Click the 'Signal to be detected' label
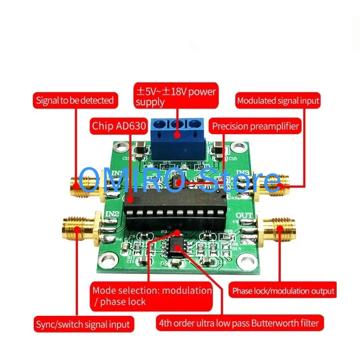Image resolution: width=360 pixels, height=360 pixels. point(75,100)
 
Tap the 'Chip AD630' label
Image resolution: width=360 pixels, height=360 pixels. point(119,126)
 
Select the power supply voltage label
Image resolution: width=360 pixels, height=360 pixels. point(176,96)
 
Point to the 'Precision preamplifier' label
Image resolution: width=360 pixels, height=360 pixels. point(256,126)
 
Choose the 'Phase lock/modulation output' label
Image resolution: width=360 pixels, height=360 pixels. point(283,291)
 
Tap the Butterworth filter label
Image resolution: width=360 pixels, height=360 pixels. point(238,323)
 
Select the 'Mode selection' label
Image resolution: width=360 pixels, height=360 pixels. point(152,295)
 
